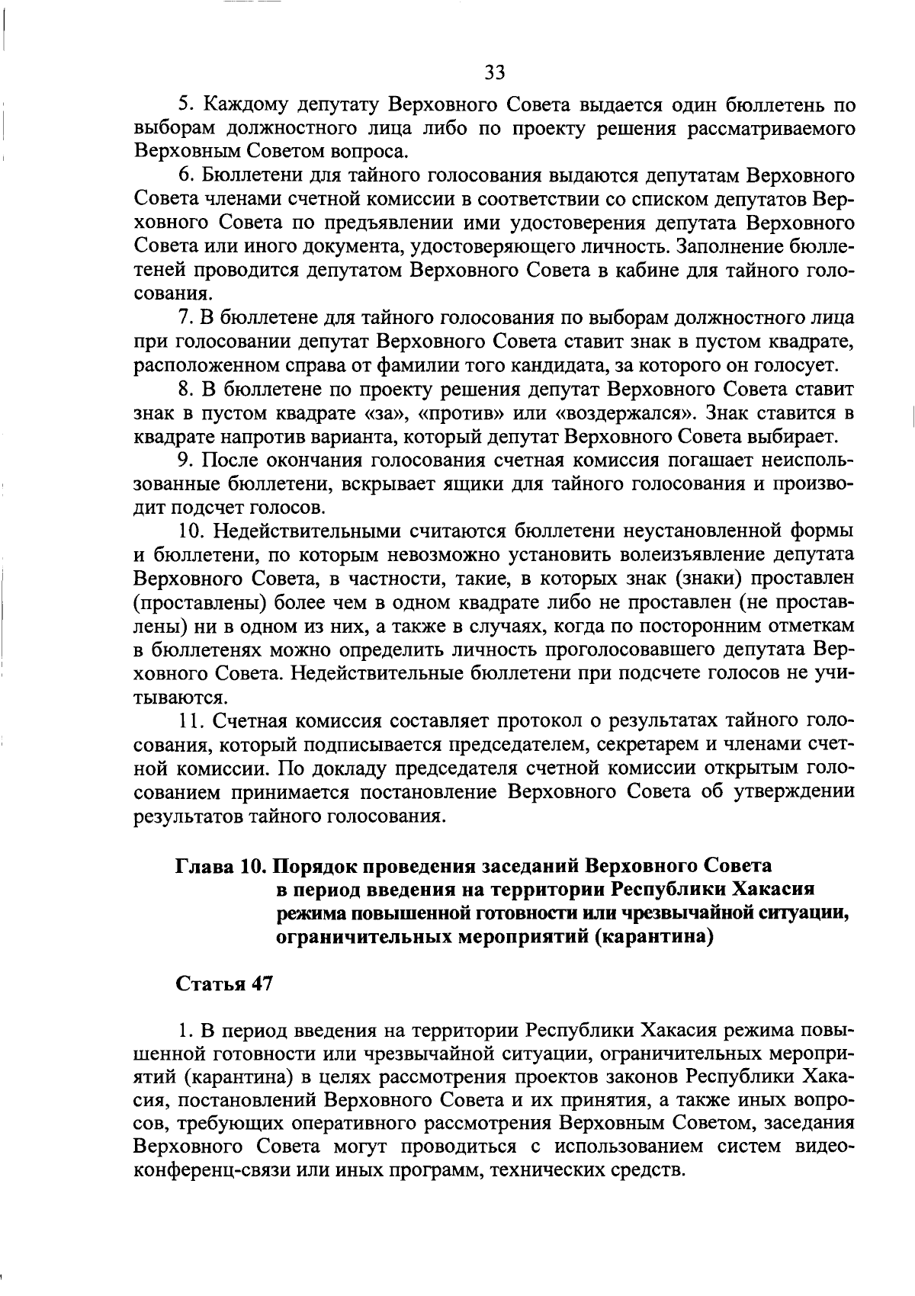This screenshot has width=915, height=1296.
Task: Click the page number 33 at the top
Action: click(494, 72)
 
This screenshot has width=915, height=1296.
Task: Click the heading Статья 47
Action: click(224, 983)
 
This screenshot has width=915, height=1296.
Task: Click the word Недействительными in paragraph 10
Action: click(306, 530)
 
